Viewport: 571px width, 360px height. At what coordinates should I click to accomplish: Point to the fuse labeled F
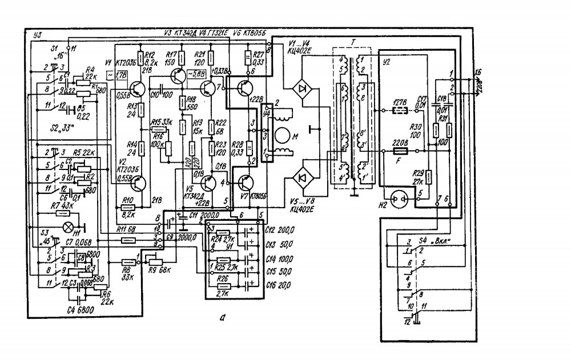pos(399,152)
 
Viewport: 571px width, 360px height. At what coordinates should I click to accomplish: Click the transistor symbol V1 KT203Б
pos(137,88)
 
